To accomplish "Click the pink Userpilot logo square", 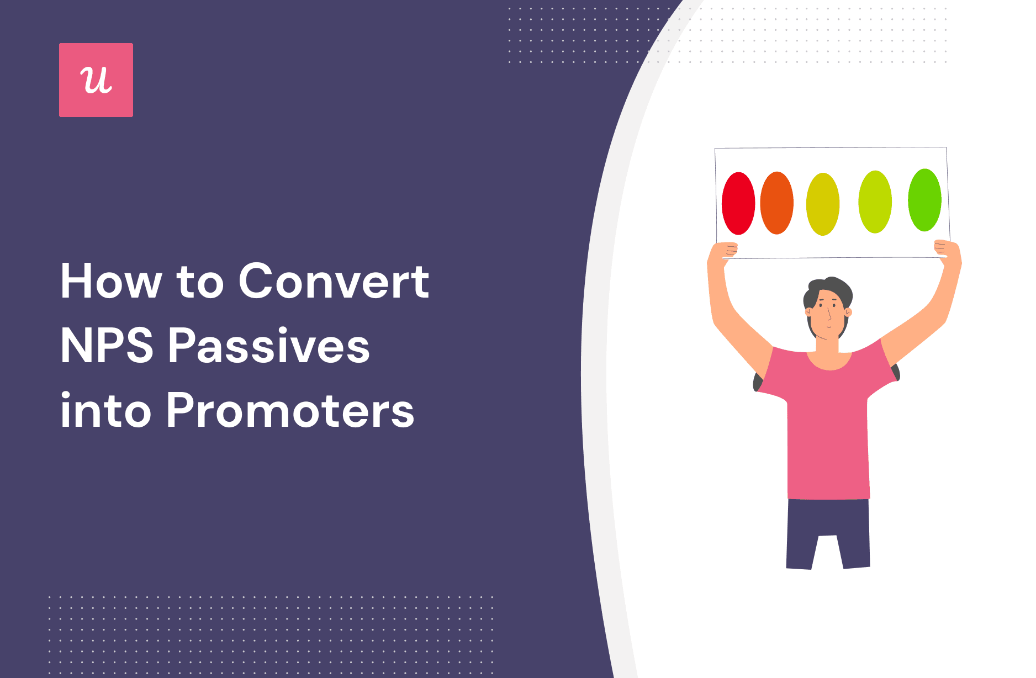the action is pos(96,80).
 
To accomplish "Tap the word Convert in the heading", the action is pos(334,281).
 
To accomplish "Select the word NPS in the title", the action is pos(107,346).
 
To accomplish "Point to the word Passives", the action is pos(269,346).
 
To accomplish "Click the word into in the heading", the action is pos(105,411).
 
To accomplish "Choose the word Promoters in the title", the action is pos(290,411).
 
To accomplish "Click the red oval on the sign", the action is pos(738,203).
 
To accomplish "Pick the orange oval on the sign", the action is pos(777,203).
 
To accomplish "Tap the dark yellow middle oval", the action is pos(823,204).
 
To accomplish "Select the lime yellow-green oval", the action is pos(875,202).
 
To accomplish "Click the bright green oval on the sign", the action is pos(924,200).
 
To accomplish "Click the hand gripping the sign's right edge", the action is pos(947,250).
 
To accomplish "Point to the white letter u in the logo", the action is pos(96,81).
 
